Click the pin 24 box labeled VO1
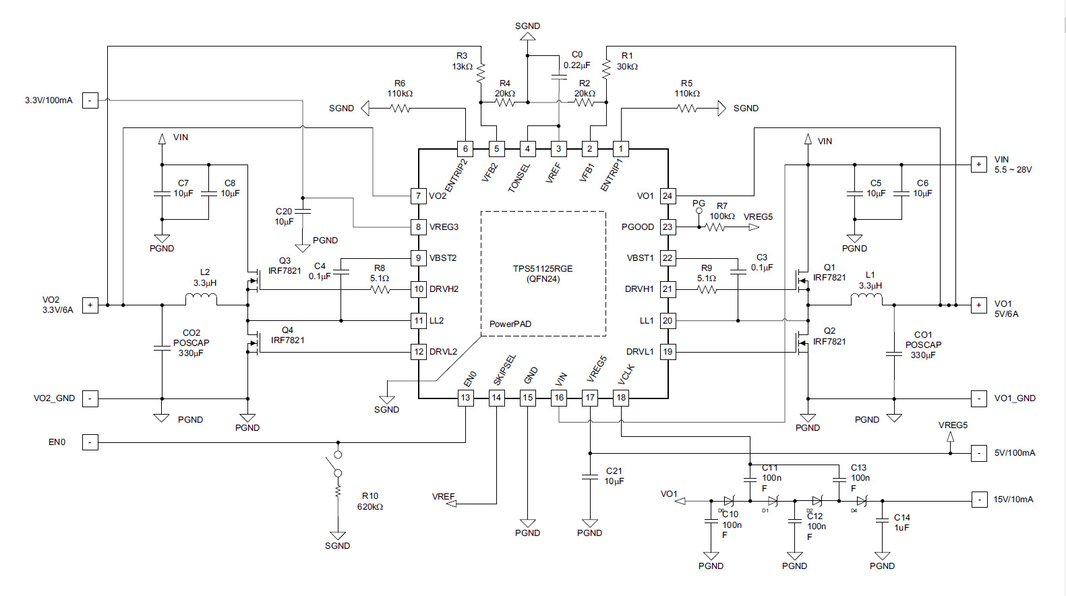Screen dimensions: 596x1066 pos(667,196)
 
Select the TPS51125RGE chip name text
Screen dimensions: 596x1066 pos(543,268)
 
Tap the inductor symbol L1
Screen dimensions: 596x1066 pos(866,299)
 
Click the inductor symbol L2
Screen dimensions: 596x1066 pos(201,299)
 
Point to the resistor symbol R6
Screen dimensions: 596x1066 pos(401,108)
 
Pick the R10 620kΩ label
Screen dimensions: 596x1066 pos(370,502)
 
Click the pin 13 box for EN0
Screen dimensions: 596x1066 pos(465,398)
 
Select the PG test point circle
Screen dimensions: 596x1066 pos(699,211)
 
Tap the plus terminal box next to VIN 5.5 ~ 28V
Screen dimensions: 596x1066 pos(978,165)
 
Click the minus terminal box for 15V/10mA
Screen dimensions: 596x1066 pos(978,500)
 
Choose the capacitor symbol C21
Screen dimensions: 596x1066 pos(590,477)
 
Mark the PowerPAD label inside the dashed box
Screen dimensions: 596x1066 pos(510,324)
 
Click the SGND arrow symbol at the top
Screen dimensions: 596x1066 pos(527,37)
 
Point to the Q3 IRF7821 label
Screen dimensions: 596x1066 pos(285,266)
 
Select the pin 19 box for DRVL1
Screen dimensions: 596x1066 pos(667,351)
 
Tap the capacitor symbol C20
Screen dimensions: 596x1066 pos(303,211)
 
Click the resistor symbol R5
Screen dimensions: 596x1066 pos(687,108)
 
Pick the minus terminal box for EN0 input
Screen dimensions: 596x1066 pos(90,442)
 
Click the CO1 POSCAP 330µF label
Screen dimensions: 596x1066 pos(923,345)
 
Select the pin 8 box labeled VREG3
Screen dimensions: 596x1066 pos(418,227)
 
